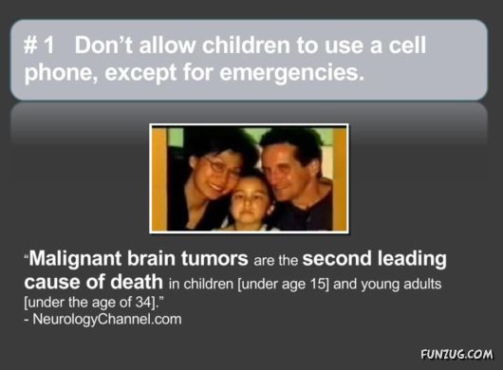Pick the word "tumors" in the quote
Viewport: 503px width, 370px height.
(x=214, y=259)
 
